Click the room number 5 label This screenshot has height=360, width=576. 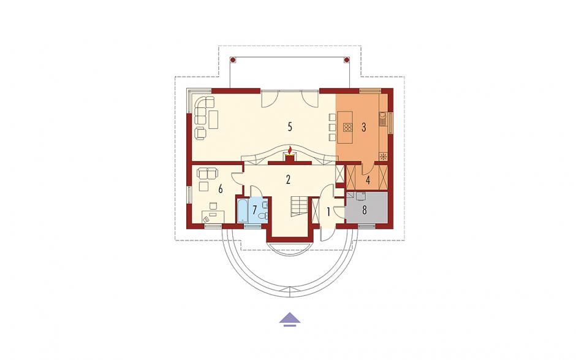click(290, 127)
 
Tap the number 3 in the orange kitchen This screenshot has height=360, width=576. click(363, 127)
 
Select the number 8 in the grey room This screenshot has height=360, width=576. click(365, 210)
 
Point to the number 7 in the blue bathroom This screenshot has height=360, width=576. click(254, 210)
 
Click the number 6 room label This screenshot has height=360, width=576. click(221, 189)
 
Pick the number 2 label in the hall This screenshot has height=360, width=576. click(288, 180)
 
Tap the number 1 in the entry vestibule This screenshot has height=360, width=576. click(328, 212)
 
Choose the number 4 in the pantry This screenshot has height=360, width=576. click(368, 180)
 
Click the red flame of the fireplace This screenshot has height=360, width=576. click(290, 151)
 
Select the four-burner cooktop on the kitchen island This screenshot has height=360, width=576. click(347, 127)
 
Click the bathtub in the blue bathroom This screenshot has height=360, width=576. click(243, 210)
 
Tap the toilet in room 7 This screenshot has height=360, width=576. click(263, 216)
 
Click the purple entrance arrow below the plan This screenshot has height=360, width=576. click(290, 319)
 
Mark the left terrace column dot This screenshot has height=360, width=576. click(232, 59)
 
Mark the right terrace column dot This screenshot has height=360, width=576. click(346, 59)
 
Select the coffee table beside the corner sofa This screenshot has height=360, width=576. click(213, 119)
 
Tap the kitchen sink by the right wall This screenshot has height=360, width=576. click(382, 118)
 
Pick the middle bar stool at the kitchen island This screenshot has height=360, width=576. click(332, 127)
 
